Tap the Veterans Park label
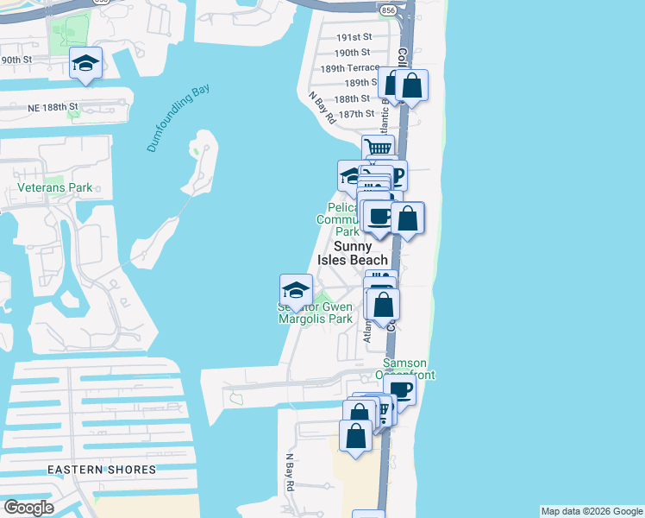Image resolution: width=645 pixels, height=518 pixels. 54,187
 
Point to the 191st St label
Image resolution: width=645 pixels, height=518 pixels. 354,38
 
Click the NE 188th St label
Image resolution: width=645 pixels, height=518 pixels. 51,107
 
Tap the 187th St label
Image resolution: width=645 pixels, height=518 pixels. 356,113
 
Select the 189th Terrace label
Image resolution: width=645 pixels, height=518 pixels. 350,67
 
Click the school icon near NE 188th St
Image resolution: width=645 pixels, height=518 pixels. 86,63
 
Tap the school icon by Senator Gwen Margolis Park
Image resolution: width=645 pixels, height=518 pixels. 296,289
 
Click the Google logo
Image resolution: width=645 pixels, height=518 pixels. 28,508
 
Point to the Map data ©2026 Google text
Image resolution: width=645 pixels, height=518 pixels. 592,511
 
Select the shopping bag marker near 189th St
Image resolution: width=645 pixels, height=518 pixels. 411,85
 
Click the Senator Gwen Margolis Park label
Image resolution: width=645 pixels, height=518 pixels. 316,313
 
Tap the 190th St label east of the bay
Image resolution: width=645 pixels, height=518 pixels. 354,53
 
